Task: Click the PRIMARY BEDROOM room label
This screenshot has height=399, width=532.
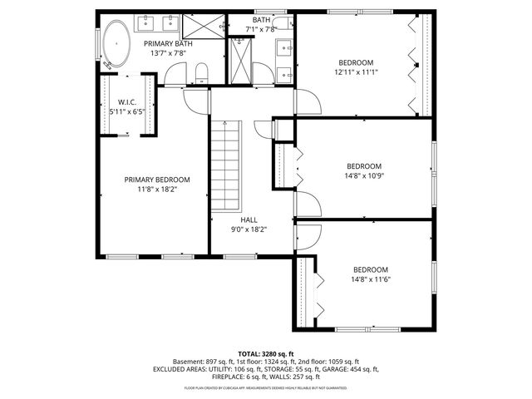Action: point(157,180)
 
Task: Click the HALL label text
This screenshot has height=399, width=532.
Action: point(249,219)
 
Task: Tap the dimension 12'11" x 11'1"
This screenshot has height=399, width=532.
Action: point(355,72)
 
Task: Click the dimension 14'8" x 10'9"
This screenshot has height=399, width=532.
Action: point(364,175)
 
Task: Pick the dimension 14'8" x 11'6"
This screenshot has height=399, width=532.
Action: point(371,279)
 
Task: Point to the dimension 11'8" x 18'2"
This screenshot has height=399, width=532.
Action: point(157,190)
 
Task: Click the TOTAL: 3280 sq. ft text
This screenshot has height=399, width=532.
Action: point(266,354)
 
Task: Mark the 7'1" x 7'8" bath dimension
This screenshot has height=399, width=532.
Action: point(262,30)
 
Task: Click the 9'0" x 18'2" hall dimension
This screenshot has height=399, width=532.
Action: point(249,229)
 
